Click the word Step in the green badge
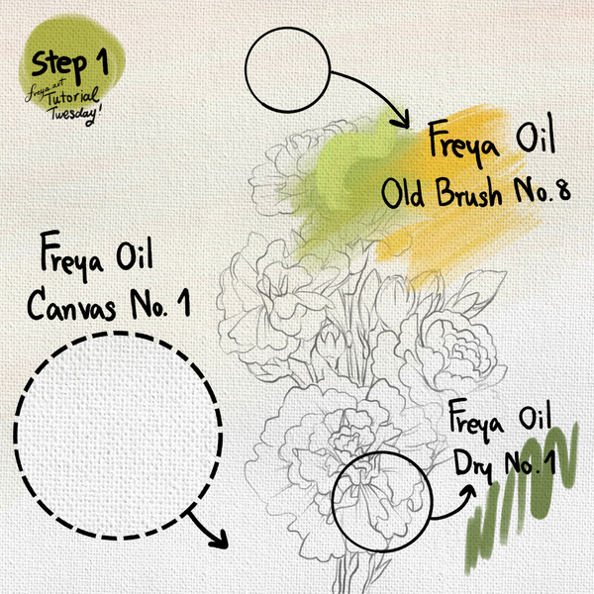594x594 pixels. click(x=58, y=65)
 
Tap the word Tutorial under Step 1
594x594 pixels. click(x=73, y=97)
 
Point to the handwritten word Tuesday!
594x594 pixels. click(x=75, y=115)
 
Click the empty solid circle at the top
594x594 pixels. click(x=287, y=69)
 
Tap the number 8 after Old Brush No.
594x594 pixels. click(x=563, y=190)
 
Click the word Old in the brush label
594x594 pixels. click(x=402, y=193)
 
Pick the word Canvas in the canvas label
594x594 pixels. click(x=71, y=306)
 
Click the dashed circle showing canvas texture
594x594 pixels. click(x=118, y=333)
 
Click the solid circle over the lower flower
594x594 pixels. click(x=382, y=452)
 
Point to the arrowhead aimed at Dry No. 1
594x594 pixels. click(x=468, y=492)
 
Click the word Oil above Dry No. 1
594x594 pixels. click(x=535, y=418)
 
